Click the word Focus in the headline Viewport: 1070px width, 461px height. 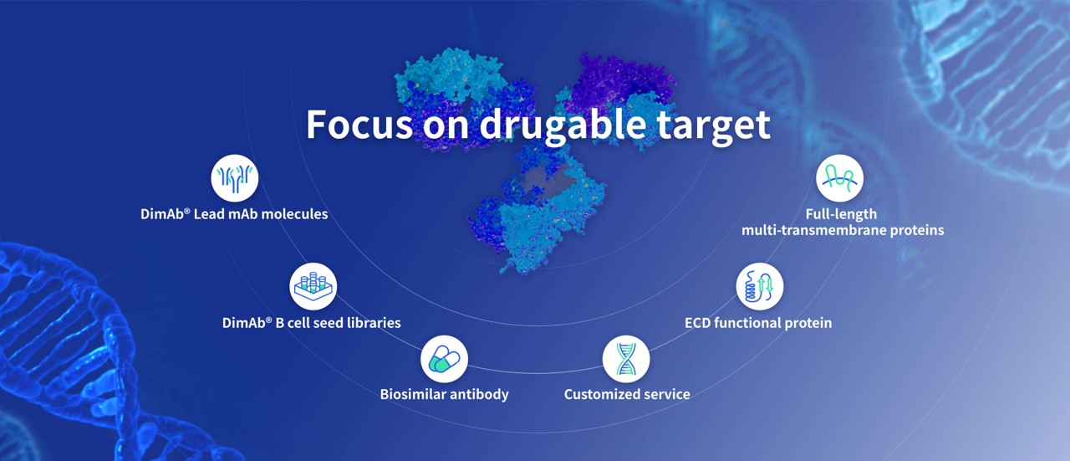(x=359, y=124)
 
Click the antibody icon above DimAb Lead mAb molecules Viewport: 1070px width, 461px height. (x=235, y=178)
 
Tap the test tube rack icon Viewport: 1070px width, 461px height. (x=313, y=286)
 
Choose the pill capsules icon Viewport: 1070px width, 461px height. (x=444, y=359)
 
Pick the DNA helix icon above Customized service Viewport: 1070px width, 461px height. (x=626, y=359)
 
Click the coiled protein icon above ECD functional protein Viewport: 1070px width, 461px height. (x=760, y=286)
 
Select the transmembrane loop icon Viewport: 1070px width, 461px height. (x=839, y=178)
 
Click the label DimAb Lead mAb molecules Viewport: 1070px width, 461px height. (x=234, y=213)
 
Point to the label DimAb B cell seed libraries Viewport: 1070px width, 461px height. (x=312, y=323)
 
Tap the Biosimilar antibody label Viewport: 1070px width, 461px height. (x=444, y=394)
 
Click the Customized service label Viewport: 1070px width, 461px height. (x=627, y=394)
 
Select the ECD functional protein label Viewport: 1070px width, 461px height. (x=758, y=323)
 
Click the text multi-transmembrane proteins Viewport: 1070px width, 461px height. (x=843, y=231)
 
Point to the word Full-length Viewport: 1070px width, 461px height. (x=841, y=214)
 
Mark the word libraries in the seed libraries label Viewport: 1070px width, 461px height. (x=374, y=323)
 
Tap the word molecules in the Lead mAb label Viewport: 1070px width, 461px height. (x=295, y=213)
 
